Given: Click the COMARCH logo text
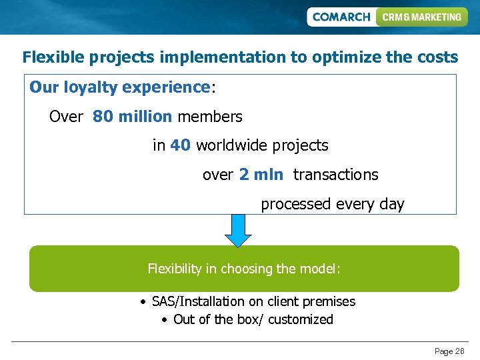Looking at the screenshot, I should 341,17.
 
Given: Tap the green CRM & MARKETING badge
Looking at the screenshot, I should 421,17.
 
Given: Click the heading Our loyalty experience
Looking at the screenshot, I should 120,87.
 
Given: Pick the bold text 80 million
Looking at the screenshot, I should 132,117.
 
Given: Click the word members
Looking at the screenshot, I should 209,117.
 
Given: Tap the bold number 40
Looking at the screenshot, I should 180,145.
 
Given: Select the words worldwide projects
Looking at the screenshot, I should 262,145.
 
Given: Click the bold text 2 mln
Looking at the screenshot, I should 261,175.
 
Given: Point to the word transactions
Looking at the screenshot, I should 335,175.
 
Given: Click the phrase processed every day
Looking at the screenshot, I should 332,204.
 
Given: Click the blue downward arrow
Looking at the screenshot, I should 238,230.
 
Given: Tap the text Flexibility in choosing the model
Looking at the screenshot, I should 244,269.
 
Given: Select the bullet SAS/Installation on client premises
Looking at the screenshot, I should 253,301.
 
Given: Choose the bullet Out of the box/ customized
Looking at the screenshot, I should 253,319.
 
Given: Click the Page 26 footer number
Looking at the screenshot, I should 449,351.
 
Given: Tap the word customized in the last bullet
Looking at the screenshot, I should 302,319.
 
